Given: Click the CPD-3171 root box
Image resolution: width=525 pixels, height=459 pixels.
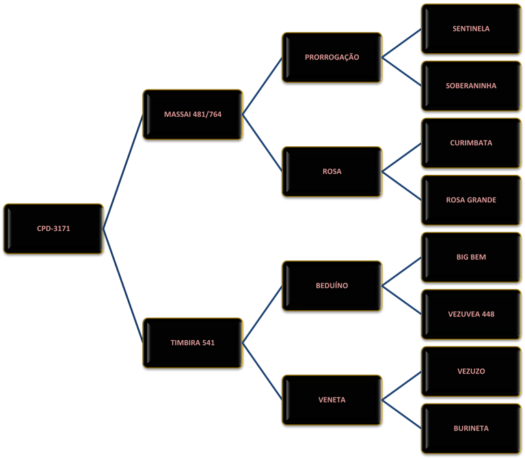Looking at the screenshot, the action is [x=53, y=229].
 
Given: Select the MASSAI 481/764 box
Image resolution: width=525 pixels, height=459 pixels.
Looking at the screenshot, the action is [x=193, y=115].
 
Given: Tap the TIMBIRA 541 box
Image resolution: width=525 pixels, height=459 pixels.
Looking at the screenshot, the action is [x=193, y=343].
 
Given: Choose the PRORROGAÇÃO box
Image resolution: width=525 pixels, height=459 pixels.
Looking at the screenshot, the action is [x=332, y=57].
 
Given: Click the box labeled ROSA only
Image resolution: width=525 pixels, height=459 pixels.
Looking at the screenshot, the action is [x=332, y=171].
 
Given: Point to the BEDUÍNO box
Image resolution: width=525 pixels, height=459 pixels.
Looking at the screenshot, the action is [x=332, y=286].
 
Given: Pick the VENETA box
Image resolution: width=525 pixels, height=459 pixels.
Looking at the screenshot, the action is [x=332, y=400].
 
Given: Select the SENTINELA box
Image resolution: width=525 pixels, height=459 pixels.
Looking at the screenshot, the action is [x=471, y=29].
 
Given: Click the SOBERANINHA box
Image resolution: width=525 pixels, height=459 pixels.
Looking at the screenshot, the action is [x=471, y=86].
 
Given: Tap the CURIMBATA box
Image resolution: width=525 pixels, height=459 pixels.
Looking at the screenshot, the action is [x=471, y=143].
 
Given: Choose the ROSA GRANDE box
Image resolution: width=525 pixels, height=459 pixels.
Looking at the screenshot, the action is [x=471, y=200].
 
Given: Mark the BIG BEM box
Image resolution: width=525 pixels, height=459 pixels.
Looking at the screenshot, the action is [x=471, y=258].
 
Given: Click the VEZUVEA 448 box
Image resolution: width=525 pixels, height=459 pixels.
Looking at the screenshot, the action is [x=471, y=314].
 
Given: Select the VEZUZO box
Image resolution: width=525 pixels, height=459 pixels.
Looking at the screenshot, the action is [x=471, y=372].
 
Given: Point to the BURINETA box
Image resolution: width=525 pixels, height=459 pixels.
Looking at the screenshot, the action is [x=471, y=428].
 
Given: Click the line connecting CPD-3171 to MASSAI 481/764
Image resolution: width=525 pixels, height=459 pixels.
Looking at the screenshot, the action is [x=123, y=171].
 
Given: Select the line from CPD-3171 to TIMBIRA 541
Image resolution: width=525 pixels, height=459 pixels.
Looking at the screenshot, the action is [x=123, y=286].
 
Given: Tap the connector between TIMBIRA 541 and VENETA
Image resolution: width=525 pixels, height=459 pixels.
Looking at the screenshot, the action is [x=262, y=372].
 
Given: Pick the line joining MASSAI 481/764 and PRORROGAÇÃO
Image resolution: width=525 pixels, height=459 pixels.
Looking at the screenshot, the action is [x=262, y=86].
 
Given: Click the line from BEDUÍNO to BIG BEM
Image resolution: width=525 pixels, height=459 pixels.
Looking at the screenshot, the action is [x=402, y=272].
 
